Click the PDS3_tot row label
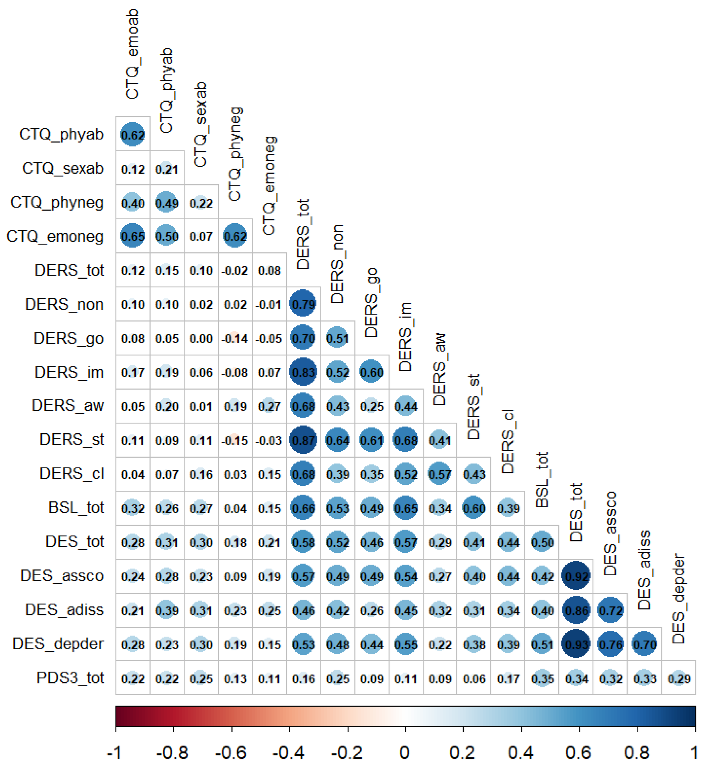70,678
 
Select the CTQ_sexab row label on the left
63,168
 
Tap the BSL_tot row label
76,508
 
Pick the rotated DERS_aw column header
440,369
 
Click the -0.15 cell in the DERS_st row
235,441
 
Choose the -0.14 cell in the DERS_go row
235,338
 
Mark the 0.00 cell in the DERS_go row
201,338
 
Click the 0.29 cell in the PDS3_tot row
679,679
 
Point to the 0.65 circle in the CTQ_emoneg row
133,236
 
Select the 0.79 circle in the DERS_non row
303,304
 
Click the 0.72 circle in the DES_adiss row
610,610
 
